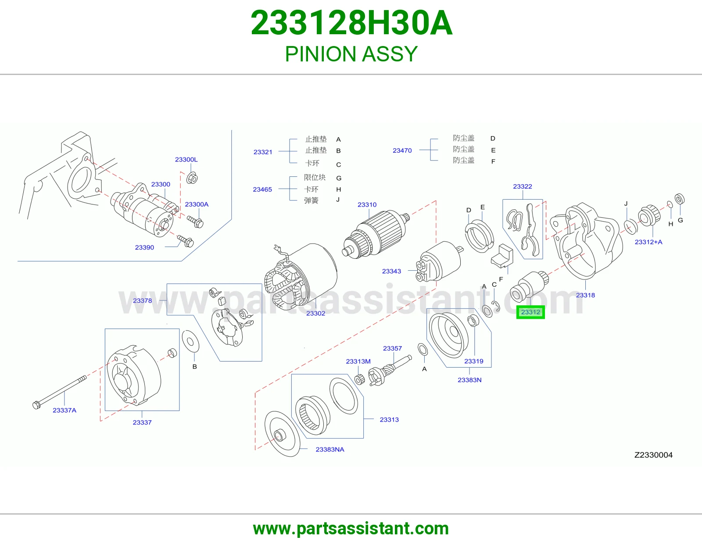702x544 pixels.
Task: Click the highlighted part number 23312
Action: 530,312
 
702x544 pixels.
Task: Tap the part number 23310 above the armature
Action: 367,204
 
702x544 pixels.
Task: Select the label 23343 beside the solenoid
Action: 391,271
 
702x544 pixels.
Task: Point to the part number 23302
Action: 315,313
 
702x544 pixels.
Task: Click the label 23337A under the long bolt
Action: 64,410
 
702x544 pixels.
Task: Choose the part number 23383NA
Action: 330,449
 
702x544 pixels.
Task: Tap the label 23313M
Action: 358,361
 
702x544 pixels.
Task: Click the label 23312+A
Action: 648,242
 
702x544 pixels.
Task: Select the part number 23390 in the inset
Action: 144,247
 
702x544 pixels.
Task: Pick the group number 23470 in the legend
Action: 402,150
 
